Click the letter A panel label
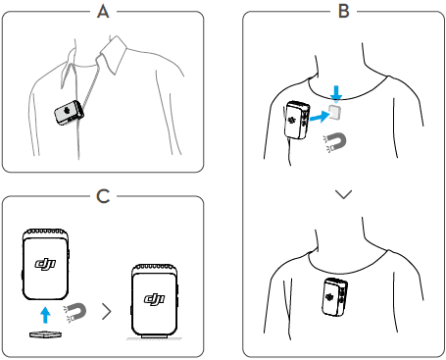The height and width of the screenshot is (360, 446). coord(103,12)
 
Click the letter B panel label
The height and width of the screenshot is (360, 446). coord(344,11)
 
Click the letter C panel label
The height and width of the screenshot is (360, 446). coord(103,196)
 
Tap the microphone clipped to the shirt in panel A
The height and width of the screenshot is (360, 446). coord(69,113)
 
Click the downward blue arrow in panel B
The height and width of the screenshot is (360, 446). coord(336,92)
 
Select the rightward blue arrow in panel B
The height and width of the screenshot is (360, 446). coord(320,117)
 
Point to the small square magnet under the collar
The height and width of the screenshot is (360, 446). coord(335,112)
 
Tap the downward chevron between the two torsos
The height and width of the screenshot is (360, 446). coord(343,194)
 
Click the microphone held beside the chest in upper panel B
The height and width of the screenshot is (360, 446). coord(297,121)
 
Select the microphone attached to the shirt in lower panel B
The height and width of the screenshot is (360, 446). coord(334,297)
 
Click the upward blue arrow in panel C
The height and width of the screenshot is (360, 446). coord(45,315)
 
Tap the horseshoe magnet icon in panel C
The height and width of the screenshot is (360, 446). coord(75,313)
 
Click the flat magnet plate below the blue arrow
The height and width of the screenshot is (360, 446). coord(45,334)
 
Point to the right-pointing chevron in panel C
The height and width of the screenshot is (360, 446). coord(107,311)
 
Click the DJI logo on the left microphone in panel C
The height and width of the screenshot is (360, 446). coord(45,264)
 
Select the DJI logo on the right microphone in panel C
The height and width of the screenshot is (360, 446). coord(155,299)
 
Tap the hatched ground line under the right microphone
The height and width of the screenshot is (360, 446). coord(154,339)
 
